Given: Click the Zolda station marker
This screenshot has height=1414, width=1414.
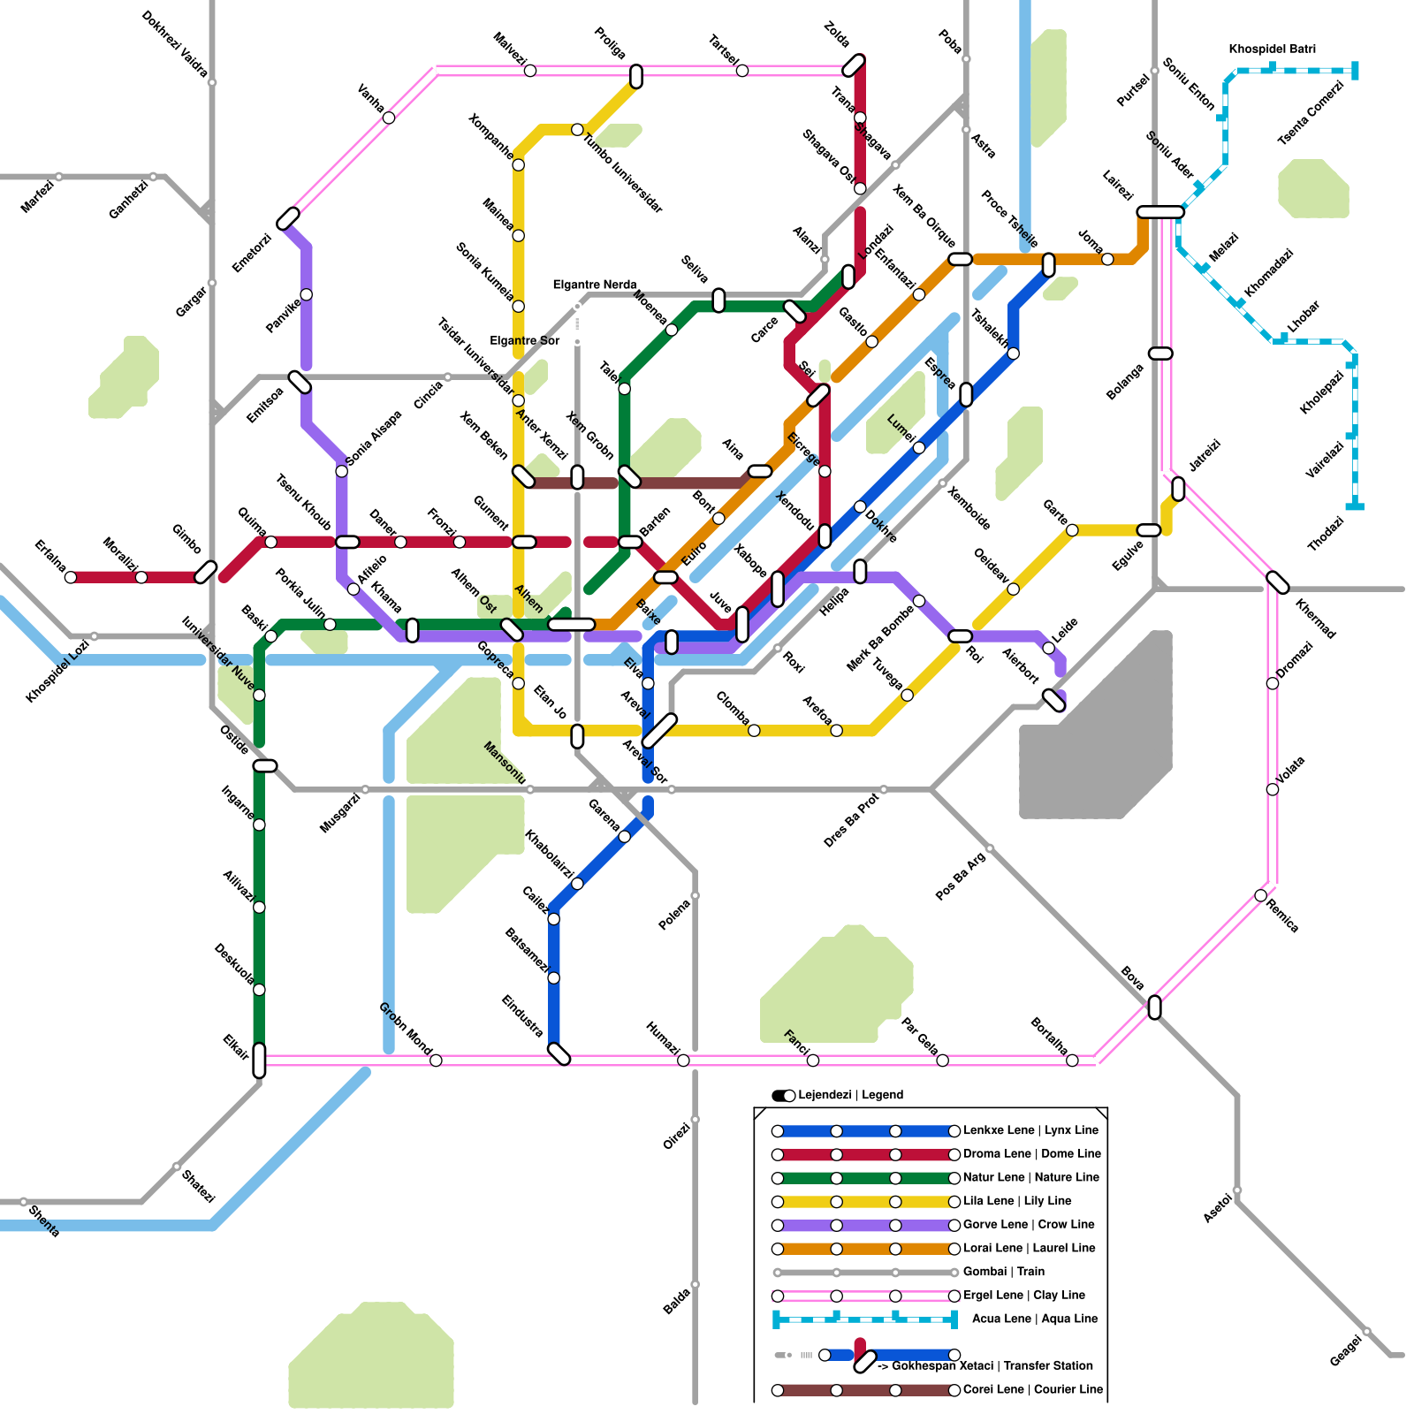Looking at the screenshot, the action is tap(854, 65).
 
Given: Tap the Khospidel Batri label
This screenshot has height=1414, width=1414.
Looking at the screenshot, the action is tap(1272, 49).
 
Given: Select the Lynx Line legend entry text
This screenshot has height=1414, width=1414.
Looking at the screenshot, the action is tap(1030, 1130).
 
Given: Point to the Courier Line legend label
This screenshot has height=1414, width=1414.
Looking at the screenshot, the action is tap(1033, 1389).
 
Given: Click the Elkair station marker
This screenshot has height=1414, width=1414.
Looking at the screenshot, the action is tap(259, 1060).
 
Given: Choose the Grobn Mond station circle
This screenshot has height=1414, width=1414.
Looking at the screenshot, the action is tap(436, 1060).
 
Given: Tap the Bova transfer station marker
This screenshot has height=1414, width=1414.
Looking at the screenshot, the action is tap(1154, 1007).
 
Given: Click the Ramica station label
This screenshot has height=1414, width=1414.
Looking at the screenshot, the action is tap(1282, 916).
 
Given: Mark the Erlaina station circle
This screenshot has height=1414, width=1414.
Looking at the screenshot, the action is tap(71, 578).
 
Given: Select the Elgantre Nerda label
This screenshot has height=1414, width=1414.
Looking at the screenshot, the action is tap(594, 285).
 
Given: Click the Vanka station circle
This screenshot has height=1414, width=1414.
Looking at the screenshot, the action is tap(389, 118).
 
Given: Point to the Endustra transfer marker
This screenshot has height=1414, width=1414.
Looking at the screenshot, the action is tap(559, 1053).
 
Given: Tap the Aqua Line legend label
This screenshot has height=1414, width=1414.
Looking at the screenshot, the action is tap(1035, 1319).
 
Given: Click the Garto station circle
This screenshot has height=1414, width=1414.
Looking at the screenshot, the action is tap(1072, 530).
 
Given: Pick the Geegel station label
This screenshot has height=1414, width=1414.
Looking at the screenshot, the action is tap(1345, 1350).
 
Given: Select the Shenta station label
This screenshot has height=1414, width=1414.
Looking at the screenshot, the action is tap(43, 1221).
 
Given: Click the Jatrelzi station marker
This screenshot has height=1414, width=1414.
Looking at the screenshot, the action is tap(1178, 488).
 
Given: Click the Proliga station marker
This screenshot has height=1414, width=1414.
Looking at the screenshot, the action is tap(636, 77).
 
